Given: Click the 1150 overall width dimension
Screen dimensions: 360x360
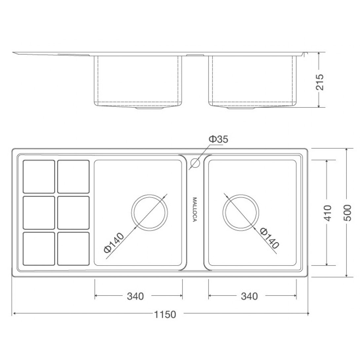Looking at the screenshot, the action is (165, 314).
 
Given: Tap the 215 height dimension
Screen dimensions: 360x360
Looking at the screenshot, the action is (320, 82).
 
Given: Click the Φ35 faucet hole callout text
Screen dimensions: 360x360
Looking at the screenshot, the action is (218, 139).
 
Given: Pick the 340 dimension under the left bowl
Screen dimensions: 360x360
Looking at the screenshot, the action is (135, 296).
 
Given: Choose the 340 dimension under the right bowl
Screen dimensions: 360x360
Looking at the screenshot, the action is (249, 296).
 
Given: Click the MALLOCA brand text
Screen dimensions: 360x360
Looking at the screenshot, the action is (195, 209).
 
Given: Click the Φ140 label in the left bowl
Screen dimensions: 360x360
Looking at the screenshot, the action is (114, 243).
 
